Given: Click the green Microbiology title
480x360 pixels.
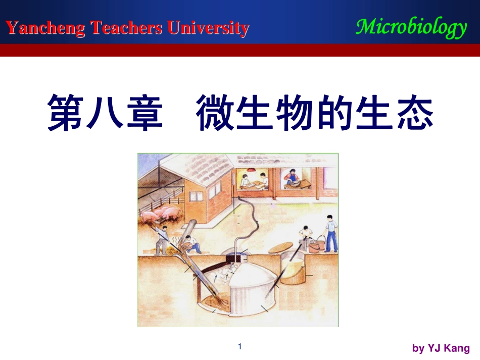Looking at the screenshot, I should click(411, 27).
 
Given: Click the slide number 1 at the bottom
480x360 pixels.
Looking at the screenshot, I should click(240, 346).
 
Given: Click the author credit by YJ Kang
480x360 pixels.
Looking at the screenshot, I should click(441, 348).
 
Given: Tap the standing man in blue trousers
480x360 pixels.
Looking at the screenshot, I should click(330, 233).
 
